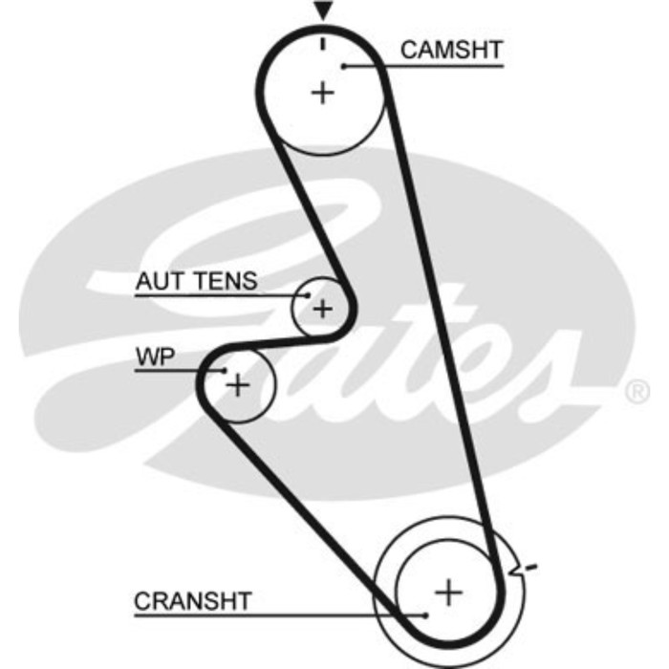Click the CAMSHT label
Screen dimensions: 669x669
point(450,49)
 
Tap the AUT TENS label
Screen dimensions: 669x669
point(196,281)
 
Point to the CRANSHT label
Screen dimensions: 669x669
point(193,601)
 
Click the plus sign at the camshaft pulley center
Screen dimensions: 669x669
point(323,93)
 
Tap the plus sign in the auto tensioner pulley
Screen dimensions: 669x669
point(323,309)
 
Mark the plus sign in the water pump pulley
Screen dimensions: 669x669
point(236,385)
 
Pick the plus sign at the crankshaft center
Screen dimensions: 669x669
point(447,593)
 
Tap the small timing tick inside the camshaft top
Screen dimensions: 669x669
point(324,43)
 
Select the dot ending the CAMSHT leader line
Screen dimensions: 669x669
point(342,66)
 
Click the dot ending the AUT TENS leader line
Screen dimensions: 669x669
point(306,295)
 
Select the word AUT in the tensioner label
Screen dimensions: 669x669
point(159,281)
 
